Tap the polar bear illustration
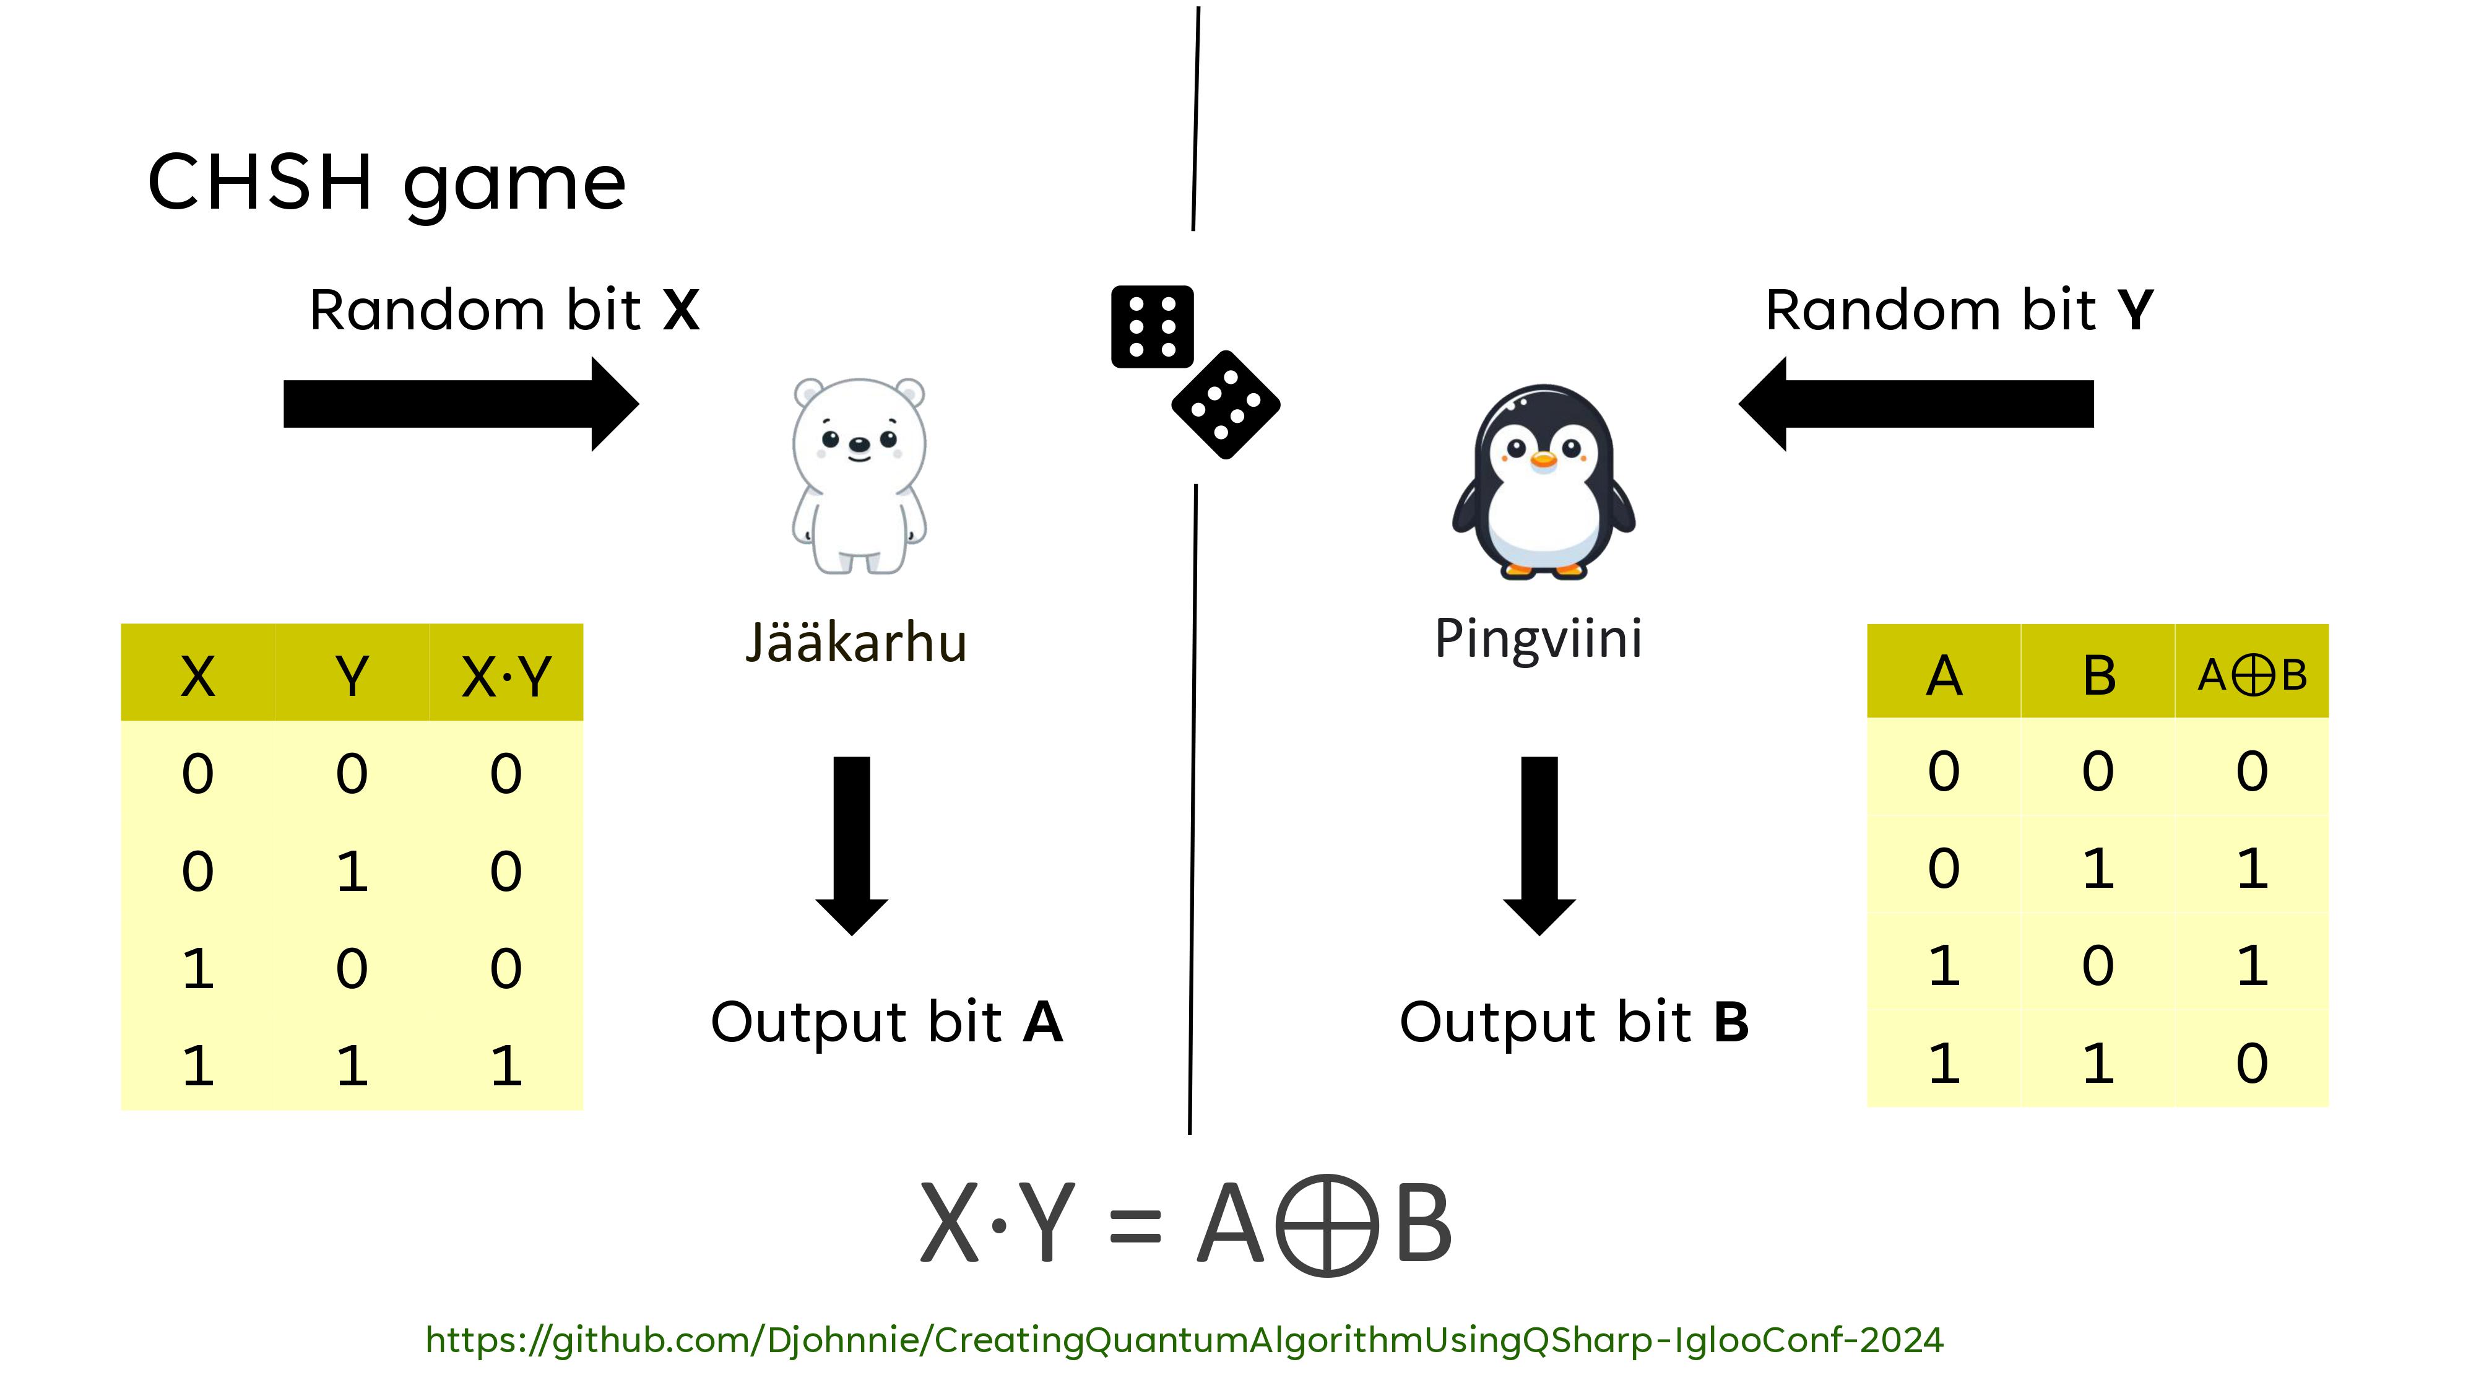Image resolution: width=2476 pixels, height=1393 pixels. pos(859,476)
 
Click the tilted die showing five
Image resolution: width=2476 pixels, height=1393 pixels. pos(1226,405)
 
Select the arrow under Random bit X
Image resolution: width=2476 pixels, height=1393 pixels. pos(461,404)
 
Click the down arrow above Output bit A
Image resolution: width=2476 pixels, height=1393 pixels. pos(852,845)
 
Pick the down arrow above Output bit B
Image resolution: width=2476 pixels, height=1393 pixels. pos(1539,845)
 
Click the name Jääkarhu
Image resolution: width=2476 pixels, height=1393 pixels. pos(855,642)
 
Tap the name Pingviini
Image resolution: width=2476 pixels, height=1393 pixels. pos(1538,638)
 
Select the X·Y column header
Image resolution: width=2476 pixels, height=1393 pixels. pos(506,676)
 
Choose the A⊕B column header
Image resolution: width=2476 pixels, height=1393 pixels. pos(2251,675)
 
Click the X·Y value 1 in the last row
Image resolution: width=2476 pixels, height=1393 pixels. pos(506,1065)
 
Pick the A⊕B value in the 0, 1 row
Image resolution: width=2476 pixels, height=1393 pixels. pos(2251,868)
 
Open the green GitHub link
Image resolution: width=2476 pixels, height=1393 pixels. pos(1184,1339)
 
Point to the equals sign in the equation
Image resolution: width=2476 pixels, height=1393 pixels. pos(1135,1226)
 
